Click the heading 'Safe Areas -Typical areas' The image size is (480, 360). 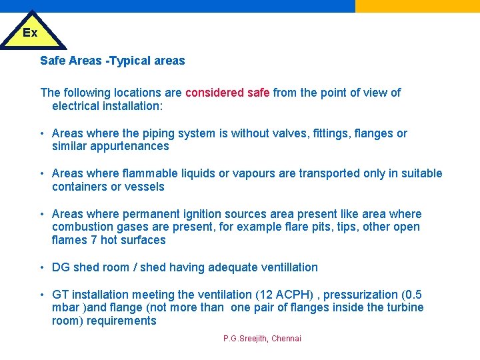pyautogui.click(x=112, y=61)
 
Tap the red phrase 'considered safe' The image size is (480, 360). pyautogui.click(x=227, y=93)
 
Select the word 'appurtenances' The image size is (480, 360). pyautogui.click(x=131, y=146)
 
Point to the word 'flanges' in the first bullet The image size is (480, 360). pyautogui.click(x=373, y=133)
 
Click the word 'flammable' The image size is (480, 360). pyautogui.click(x=152, y=173)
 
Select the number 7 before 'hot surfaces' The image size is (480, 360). pyautogui.click(x=94, y=240)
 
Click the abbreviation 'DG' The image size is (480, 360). pyautogui.click(x=61, y=267)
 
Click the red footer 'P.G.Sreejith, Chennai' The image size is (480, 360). pyautogui.click(x=262, y=339)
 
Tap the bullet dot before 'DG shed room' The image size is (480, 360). pyautogui.click(x=42, y=267)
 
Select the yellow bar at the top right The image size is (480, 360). pyautogui.click(x=417, y=6)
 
